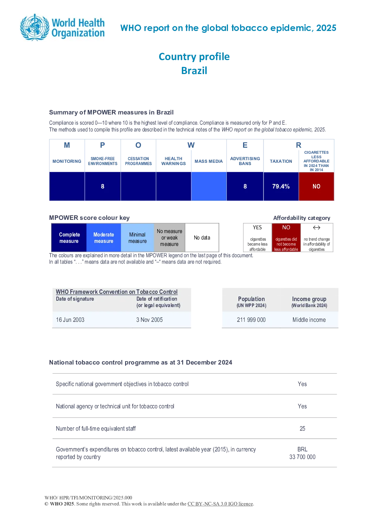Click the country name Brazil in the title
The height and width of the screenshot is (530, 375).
click(194, 71)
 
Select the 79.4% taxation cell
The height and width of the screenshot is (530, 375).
click(281, 187)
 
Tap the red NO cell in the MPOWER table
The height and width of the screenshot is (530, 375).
click(316, 187)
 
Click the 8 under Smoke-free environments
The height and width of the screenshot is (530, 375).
click(102, 187)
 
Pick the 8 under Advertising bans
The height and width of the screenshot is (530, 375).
click(245, 187)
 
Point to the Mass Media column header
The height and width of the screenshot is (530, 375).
click(209, 161)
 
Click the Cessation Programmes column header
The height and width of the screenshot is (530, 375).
click(138, 161)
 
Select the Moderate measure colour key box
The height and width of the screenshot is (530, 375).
click(104, 238)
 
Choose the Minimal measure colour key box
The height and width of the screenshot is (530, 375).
click(137, 238)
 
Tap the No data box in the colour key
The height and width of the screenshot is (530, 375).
click(202, 238)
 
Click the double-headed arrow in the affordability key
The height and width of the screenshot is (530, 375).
click(316, 228)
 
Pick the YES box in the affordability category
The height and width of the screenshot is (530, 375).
click(257, 238)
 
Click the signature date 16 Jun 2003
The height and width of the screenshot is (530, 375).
click(70, 320)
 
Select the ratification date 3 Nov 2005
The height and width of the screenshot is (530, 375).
click(149, 320)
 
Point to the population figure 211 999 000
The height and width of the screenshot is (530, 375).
click(251, 320)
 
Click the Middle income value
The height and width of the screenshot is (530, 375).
click(309, 320)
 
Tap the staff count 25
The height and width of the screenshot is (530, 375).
click(302, 428)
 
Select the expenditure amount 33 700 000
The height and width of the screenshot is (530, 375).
click(302, 457)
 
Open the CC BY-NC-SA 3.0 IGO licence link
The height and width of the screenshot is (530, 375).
click(220, 504)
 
